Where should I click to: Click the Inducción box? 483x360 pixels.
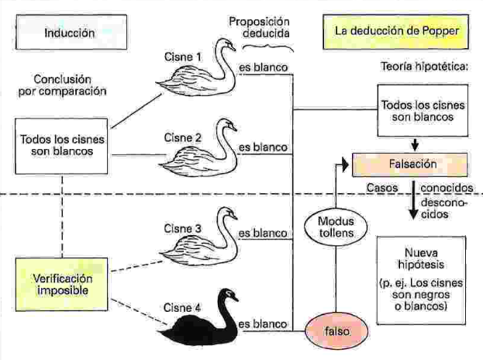[70, 33]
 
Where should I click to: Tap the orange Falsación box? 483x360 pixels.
[411, 165]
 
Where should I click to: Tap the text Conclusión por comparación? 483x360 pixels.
[70, 85]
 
